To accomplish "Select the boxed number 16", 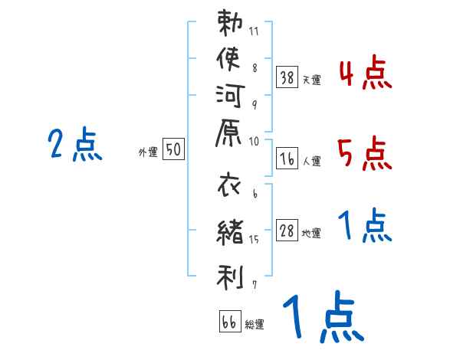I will [x=287, y=159].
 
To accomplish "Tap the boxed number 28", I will [x=287, y=232].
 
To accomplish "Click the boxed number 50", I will [x=173, y=150].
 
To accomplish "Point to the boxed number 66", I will [x=228, y=322].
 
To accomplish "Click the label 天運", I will [x=311, y=79].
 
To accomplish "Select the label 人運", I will [x=311, y=162].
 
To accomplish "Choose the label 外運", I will [x=148, y=152].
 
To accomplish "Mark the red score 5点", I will [x=364, y=154].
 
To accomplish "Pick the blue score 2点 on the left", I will [x=75, y=144].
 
